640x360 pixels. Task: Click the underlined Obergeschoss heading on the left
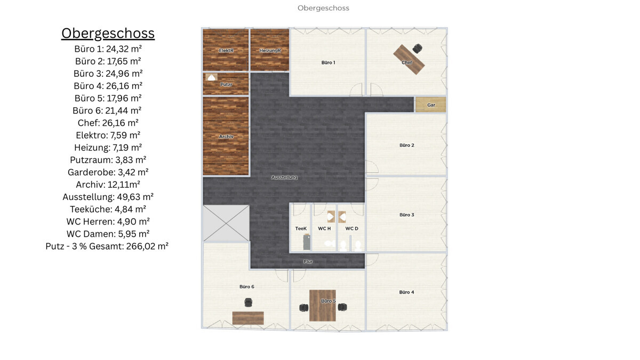coord(108,33)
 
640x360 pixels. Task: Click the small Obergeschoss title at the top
coord(323,8)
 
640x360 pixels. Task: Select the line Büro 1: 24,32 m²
coord(108,49)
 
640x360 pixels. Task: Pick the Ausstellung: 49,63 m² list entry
coord(108,197)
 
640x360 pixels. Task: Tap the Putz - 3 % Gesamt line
coord(107,246)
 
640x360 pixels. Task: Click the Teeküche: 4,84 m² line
coord(108,209)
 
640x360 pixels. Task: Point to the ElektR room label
coord(226,51)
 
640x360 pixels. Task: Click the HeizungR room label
coord(270,51)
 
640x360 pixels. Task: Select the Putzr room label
coord(226,85)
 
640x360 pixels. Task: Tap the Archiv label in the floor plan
coord(226,137)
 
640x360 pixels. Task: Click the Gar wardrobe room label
coord(431,105)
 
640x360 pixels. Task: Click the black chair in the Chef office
coord(417,49)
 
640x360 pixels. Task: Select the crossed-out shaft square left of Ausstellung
coord(226,223)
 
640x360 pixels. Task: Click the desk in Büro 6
coord(248,318)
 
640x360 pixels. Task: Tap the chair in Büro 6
coord(248,303)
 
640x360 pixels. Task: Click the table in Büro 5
coord(323,306)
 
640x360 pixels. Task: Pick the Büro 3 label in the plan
coord(406,215)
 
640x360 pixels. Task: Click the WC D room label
coord(351,229)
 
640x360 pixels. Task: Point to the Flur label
coord(308,262)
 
